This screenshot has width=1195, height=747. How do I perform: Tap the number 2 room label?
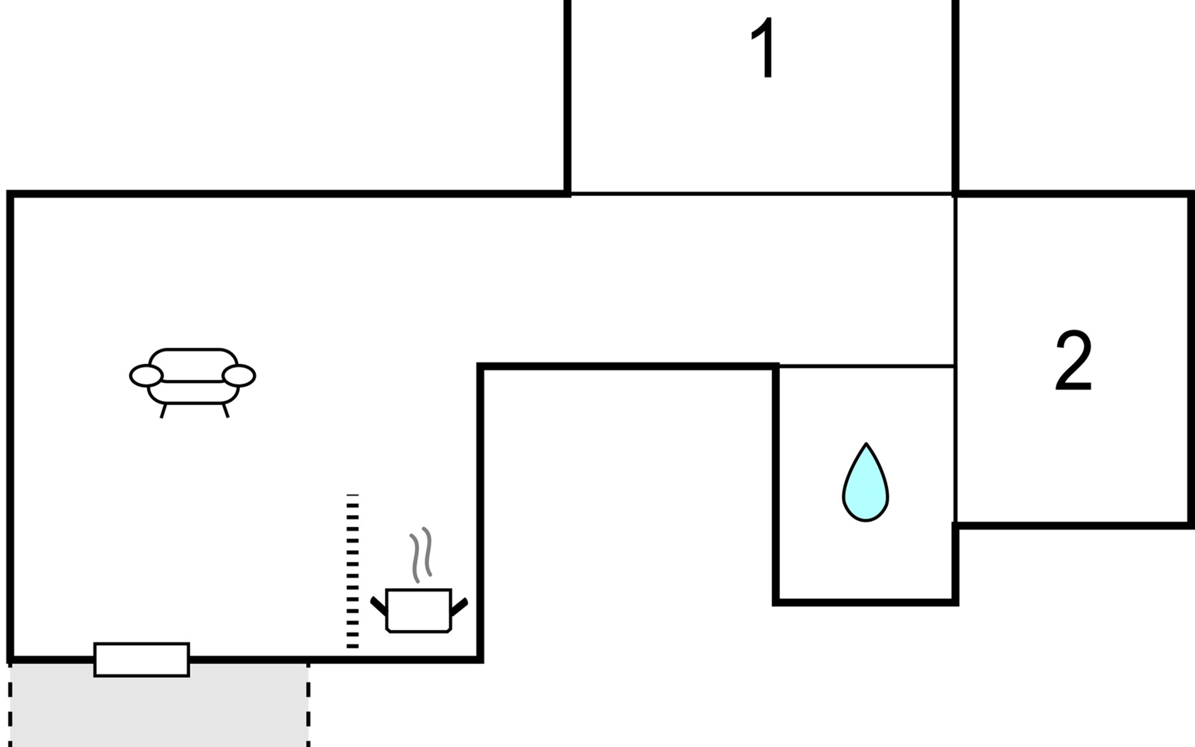pos(1074,360)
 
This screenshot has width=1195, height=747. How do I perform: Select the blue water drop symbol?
pos(865,482)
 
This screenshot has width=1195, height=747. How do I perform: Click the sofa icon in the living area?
pos(192,382)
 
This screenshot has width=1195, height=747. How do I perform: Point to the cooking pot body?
pos(418,610)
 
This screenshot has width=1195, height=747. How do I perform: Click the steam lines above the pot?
pos(421,555)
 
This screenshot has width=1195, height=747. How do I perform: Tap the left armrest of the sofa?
pos(146,375)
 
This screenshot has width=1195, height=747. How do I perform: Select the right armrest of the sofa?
pos(239,375)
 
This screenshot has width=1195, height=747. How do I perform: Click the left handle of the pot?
pos(378,605)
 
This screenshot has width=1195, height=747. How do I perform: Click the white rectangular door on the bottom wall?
pos(141,659)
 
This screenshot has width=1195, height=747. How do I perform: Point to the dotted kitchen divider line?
pos(352,571)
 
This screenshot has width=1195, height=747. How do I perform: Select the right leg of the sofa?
pos(226,410)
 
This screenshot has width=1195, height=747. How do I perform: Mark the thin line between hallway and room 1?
pos(761,194)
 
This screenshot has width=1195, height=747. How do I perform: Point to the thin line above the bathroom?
pos(866,366)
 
